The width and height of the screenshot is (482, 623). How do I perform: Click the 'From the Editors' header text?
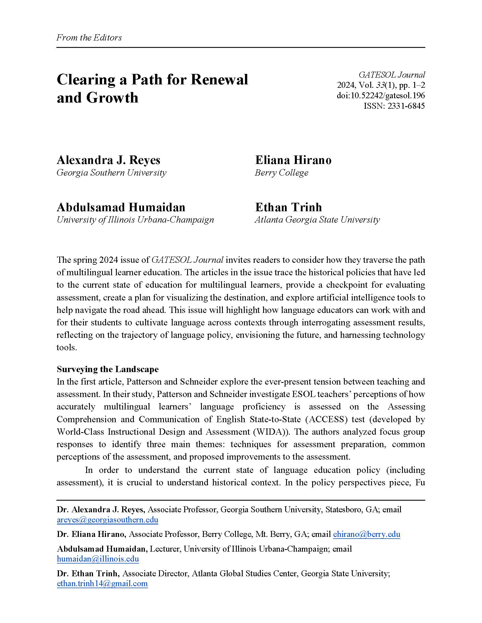(89, 38)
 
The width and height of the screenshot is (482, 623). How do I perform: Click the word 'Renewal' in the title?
(219, 79)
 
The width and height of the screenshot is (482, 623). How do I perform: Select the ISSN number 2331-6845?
(406, 106)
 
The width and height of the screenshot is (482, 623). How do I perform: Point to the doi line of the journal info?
(380, 95)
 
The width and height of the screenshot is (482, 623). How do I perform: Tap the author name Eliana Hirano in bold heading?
(293, 160)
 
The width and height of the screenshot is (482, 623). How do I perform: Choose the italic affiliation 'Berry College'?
(282, 172)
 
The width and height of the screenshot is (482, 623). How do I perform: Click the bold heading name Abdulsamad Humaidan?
(121, 207)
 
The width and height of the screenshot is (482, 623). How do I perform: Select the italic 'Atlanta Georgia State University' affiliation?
(317, 220)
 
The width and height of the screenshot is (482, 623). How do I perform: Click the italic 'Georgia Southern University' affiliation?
(111, 172)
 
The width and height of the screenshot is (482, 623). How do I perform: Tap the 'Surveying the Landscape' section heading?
(108, 369)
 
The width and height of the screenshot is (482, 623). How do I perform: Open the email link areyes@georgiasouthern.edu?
(107, 520)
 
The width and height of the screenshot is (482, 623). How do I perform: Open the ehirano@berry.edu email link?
(366, 534)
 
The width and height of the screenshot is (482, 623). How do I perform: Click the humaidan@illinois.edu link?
(98, 558)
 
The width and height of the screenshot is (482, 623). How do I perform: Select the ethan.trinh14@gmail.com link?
(102, 583)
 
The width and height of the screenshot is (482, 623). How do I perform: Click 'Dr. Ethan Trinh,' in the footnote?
(88, 573)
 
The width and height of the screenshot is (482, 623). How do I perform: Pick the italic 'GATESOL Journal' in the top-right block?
(392, 75)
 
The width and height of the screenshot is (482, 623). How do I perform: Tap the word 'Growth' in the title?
(112, 98)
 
